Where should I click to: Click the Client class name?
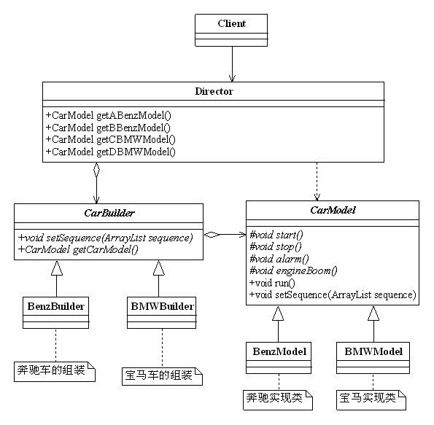(232, 23)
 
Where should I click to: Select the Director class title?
(214, 91)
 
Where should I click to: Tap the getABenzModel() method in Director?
(109, 115)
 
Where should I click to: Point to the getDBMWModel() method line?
(110, 152)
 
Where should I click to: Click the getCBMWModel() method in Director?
(110, 139)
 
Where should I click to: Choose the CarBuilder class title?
(109, 213)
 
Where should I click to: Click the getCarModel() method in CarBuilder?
(78, 249)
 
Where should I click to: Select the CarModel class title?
(333, 210)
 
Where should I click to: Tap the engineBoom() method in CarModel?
(293, 271)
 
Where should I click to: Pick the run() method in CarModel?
(272, 283)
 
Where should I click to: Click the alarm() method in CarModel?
(279, 259)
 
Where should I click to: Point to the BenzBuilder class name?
(56, 306)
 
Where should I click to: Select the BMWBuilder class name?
(162, 306)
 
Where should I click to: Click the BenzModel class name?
(279, 351)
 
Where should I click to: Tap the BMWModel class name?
(373, 351)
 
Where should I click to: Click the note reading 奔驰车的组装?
(55, 372)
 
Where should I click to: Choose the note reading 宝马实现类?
(371, 400)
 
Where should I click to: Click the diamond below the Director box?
(96, 170)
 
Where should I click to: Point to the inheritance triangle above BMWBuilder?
(159, 268)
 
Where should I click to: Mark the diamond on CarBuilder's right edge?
(212, 235)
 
